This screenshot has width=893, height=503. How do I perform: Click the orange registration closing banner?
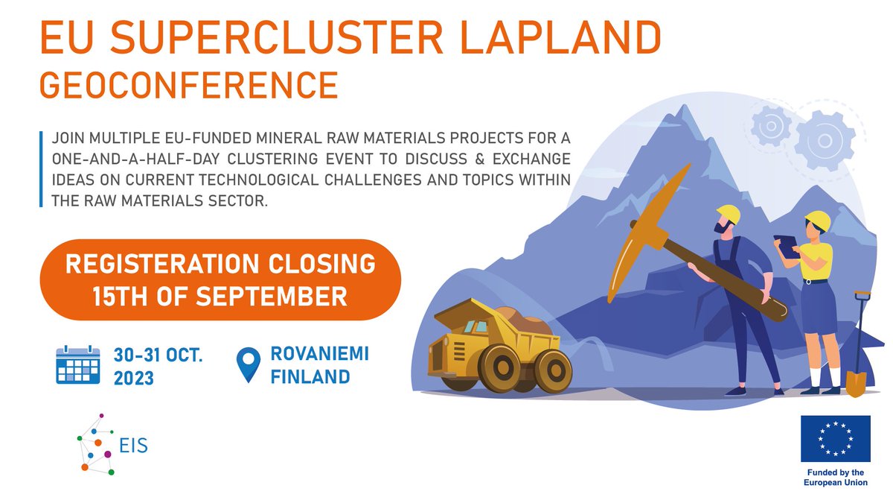220,280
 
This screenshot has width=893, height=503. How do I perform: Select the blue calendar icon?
78,364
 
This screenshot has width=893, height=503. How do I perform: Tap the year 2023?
134,378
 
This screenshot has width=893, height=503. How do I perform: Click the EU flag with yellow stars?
835,439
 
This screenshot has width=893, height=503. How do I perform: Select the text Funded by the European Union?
836,478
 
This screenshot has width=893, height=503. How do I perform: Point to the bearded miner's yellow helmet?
727,215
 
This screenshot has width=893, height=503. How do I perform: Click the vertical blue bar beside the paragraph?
40,168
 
